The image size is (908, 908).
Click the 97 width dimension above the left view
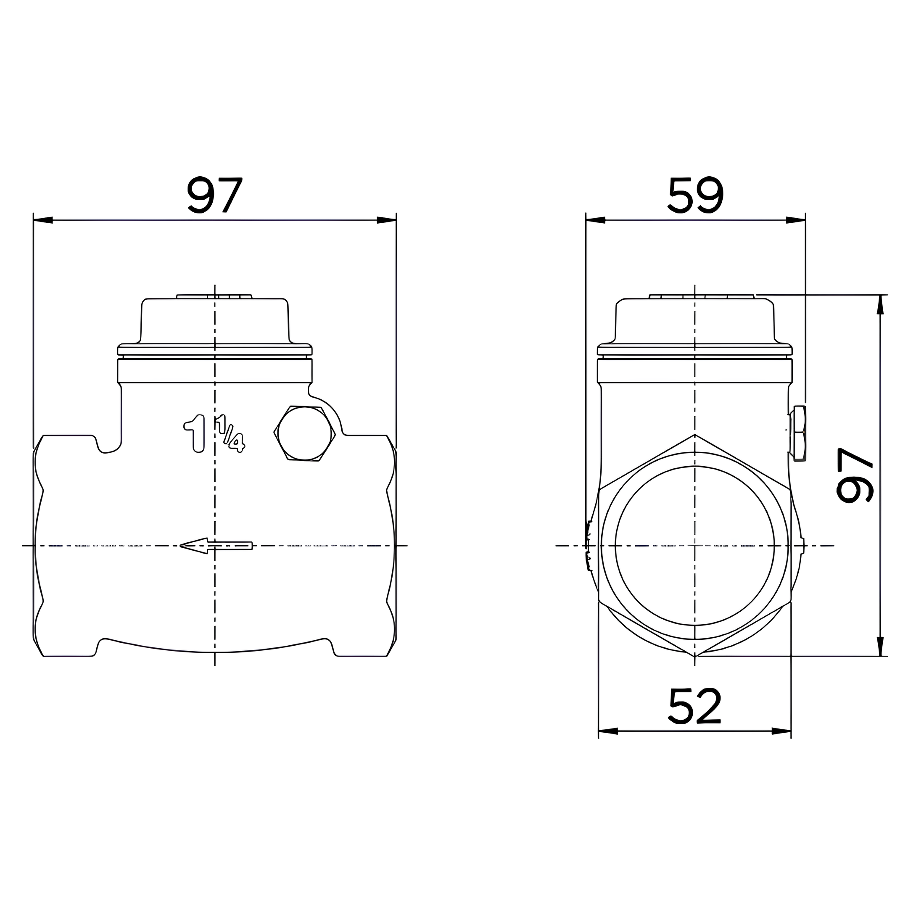pyautogui.click(x=215, y=195)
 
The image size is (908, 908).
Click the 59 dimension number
pyautogui.click(x=696, y=195)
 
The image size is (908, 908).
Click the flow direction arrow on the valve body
pyautogui.click(x=216, y=546)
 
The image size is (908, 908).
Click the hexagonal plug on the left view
pyautogui.click(x=304, y=433)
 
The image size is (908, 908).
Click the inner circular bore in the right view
pyautogui.click(x=694, y=546)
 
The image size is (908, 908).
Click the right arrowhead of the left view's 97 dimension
pyautogui.click(x=387, y=220)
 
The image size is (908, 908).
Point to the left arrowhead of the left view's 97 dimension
pyautogui.click(x=43, y=220)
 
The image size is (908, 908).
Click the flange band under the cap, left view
pyautogui.click(x=215, y=371)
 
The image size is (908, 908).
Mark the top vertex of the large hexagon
pyautogui.click(x=694, y=435)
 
